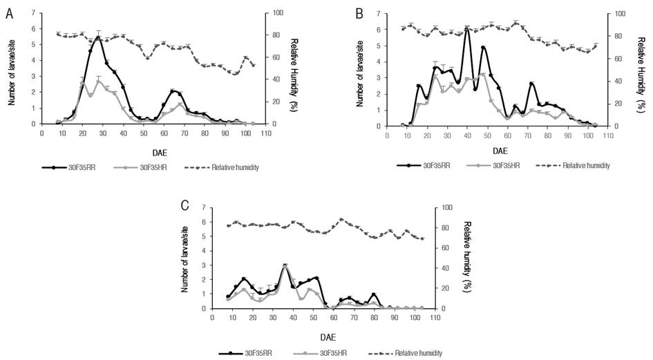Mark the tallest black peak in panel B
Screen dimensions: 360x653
tap(467, 28)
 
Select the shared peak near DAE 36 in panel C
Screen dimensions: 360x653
tap(285, 265)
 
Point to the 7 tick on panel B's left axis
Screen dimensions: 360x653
tap(379, 13)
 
